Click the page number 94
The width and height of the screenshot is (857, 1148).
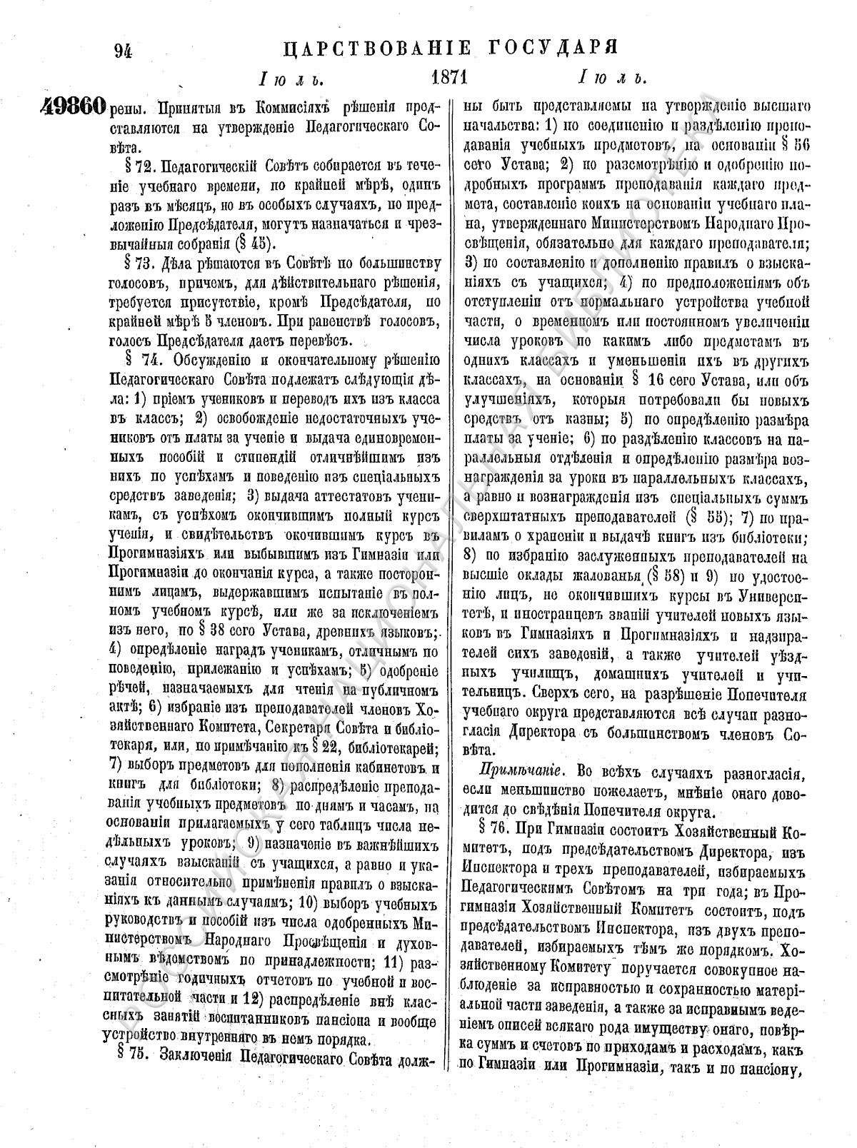(126, 51)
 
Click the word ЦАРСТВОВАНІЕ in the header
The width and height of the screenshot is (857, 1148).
(377, 49)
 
